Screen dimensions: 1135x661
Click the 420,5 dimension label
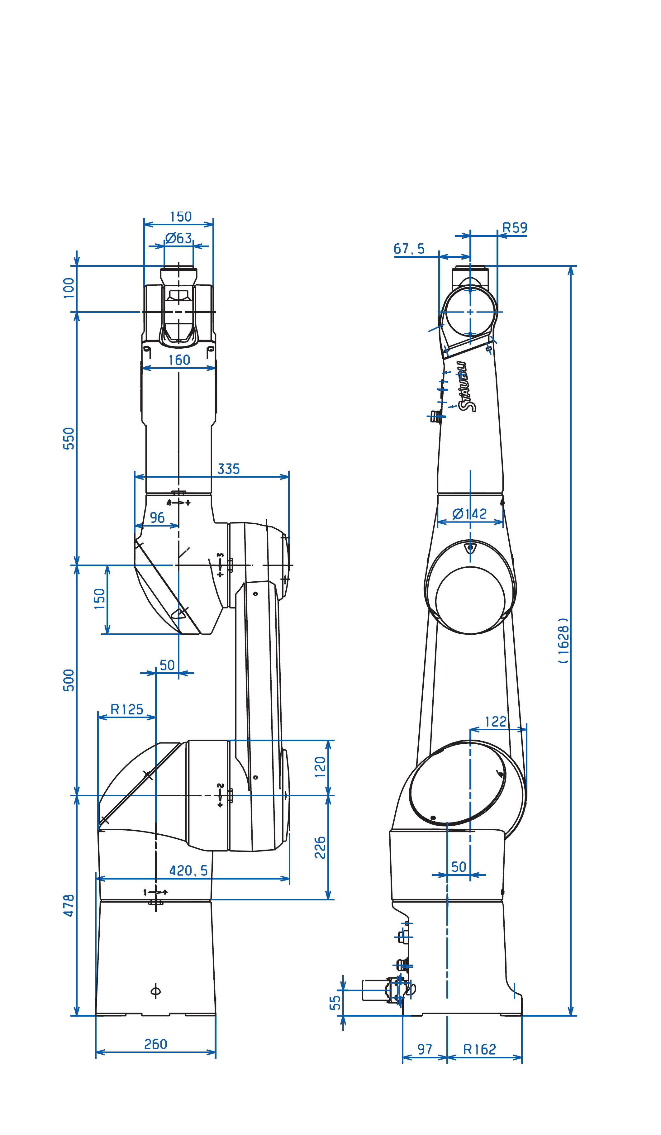pyautogui.click(x=188, y=870)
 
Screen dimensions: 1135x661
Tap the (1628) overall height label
pyautogui.click(x=563, y=640)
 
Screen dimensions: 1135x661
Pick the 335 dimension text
pyautogui.click(x=228, y=469)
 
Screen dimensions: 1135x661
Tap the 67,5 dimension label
pyautogui.click(x=409, y=249)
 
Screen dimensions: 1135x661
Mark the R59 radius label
pyautogui.click(x=514, y=227)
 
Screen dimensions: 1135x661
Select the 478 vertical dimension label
pyautogui.click(x=69, y=905)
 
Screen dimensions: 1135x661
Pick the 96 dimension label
pyautogui.click(x=157, y=517)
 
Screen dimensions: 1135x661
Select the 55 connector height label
pyautogui.click(x=335, y=1003)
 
